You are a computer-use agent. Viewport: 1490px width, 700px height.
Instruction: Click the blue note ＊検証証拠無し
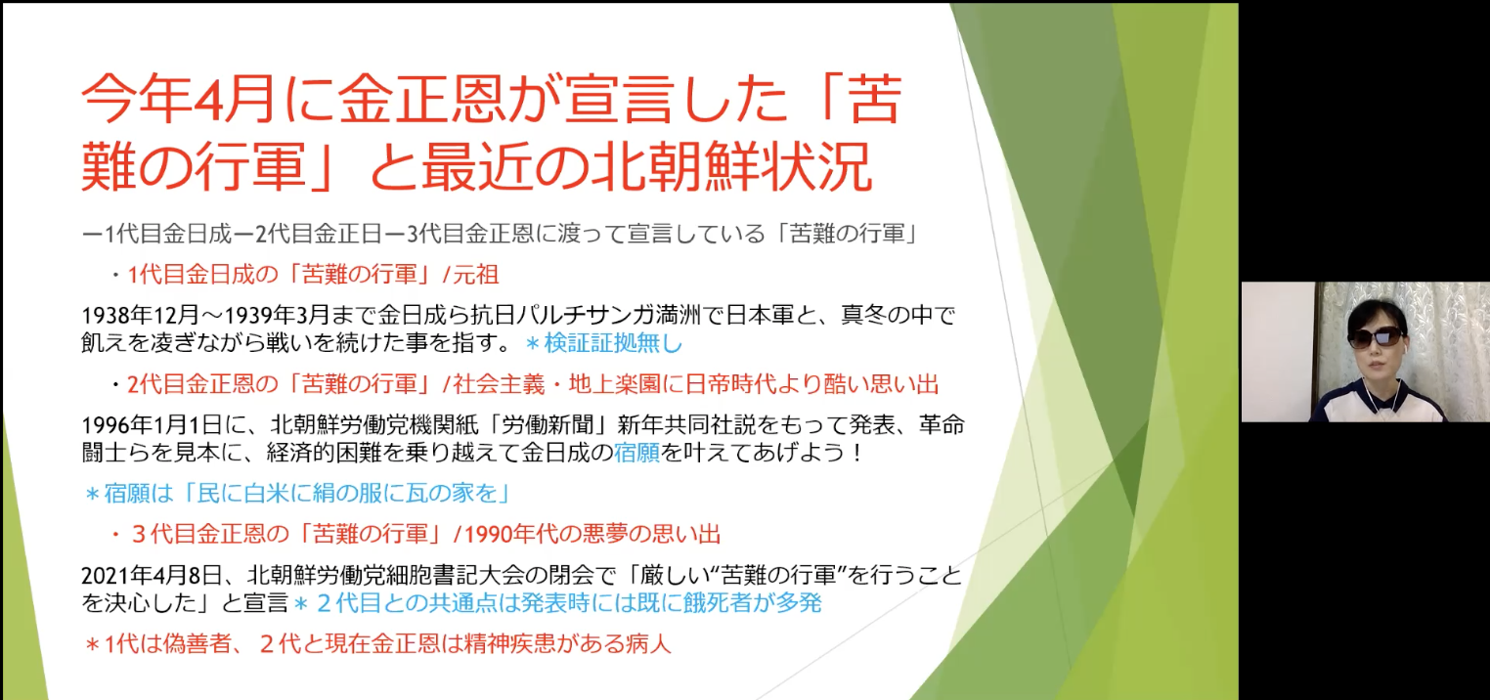coord(603,343)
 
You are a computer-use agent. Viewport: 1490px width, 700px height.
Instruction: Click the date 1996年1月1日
coord(152,424)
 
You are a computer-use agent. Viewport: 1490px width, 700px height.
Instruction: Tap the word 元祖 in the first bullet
coord(476,274)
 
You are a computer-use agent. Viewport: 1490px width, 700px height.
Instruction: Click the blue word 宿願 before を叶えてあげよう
coord(636,453)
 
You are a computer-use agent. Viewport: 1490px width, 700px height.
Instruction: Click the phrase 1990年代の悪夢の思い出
coord(592,534)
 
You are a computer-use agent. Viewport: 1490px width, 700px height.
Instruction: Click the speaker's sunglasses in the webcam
coord(1377,336)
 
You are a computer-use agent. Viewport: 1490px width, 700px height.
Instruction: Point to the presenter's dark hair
coord(1376,313)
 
